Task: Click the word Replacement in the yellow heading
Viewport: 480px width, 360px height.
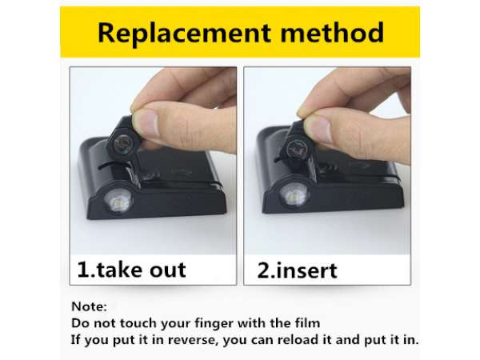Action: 184,33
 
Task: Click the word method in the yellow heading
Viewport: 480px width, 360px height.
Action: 332,32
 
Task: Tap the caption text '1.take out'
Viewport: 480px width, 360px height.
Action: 132,270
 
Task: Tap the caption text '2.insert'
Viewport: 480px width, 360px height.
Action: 297,270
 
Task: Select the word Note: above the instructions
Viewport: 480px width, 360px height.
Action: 89,306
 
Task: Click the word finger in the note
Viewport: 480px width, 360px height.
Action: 214,323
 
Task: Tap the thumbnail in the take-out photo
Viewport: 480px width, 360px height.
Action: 147,124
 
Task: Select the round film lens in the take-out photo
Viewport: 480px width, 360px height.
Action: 123,143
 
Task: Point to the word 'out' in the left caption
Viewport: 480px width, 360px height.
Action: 168,270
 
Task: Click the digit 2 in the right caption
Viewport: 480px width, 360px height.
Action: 263,270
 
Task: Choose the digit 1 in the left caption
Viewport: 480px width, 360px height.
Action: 83,270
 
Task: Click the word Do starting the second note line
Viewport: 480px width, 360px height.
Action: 80,323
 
